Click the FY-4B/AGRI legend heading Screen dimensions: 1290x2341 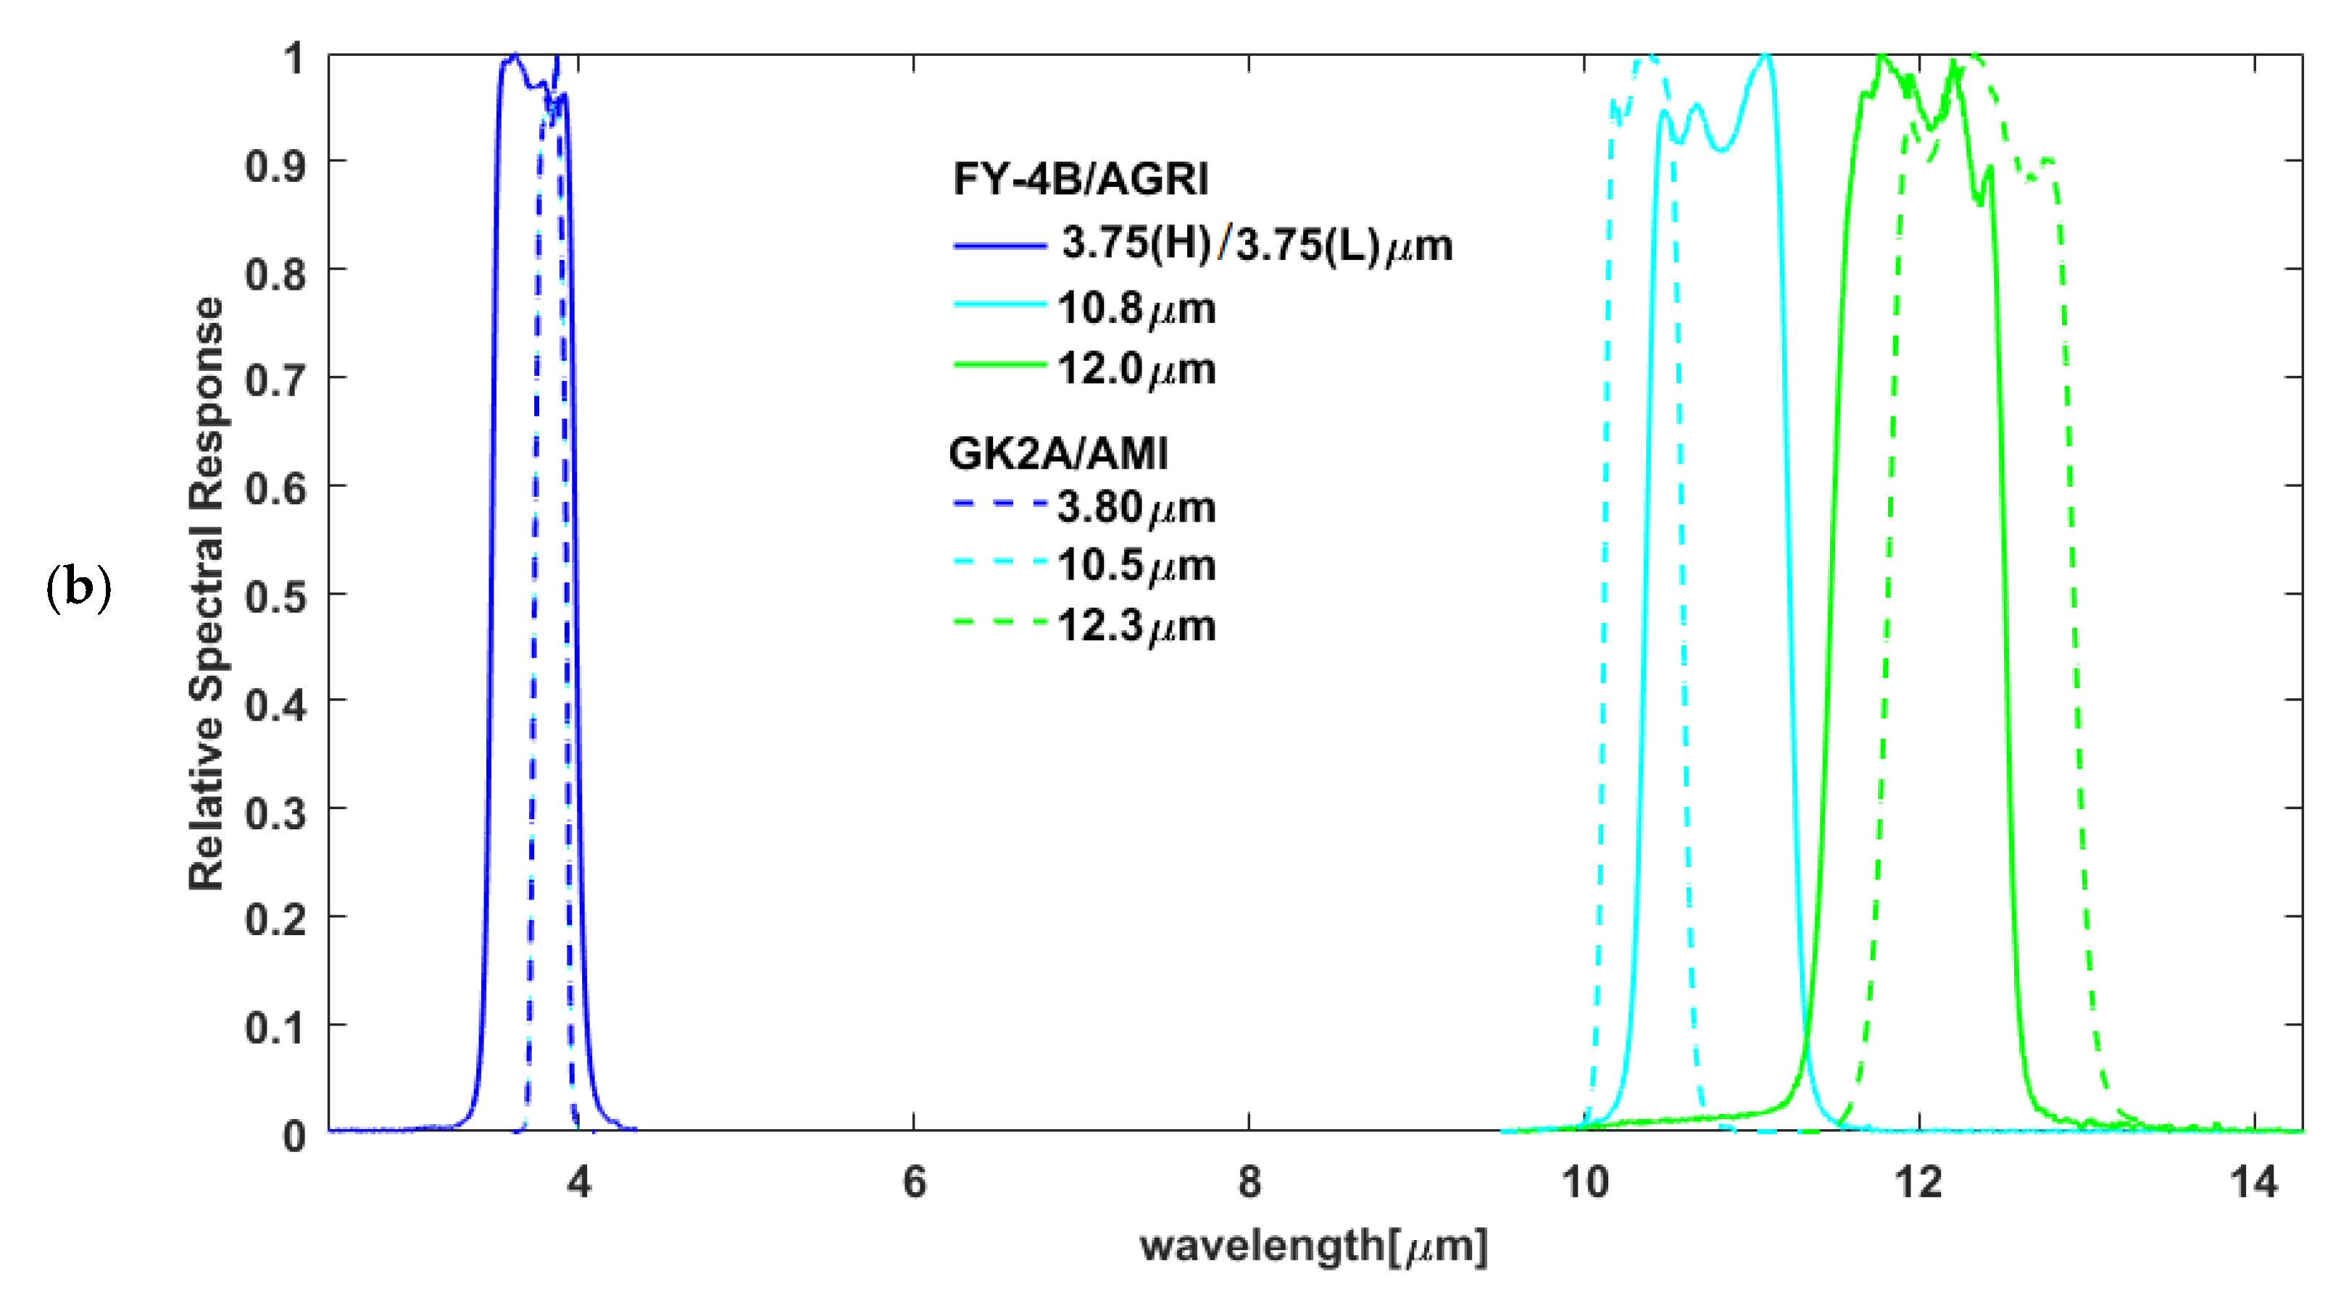tap(1081, 179)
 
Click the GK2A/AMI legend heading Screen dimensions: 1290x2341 tap(1058, 453)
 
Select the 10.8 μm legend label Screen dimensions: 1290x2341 tap(1136, 309)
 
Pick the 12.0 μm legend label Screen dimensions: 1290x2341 tap(1136, 369)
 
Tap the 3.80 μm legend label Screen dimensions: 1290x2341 tap(1136, 508)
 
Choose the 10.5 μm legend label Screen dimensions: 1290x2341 tap(1136, 566)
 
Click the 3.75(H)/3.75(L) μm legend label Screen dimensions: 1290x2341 tap(1257, 246)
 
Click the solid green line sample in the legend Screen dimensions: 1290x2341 tap(999, 365)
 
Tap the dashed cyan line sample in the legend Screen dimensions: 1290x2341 tap(999, 561)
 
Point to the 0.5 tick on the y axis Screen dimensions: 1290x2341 tap(275, 596)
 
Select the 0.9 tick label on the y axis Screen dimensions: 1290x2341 tap(275, 165)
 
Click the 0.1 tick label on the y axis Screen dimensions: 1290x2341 tap(275, 1028)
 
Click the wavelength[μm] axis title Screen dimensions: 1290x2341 tap(1314, 1246)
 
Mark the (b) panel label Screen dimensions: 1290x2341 tap(78, 587)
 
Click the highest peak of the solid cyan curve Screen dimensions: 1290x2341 tap(1766, 56)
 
